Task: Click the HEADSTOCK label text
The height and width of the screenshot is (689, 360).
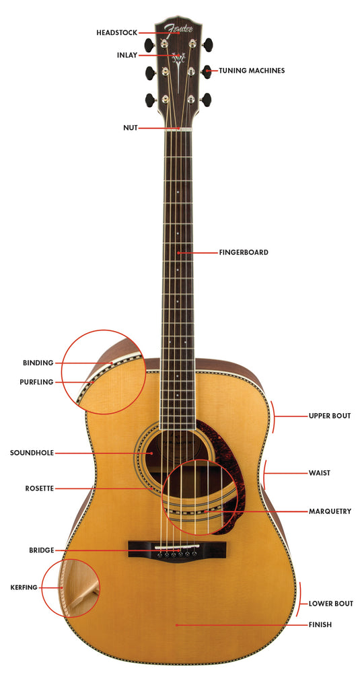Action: point(116,33)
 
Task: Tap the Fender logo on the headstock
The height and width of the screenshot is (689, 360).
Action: point(178,29)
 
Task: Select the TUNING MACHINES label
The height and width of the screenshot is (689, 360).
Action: point(252,70)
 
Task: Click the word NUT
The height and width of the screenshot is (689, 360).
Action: point(131,128)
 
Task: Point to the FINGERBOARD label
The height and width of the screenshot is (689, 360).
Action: point(244,253)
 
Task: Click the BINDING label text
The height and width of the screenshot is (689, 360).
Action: point(38,363)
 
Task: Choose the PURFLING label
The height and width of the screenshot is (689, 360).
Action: point(36,382)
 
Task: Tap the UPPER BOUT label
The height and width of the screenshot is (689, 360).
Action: point(329,416)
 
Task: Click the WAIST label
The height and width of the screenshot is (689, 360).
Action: point(319,473)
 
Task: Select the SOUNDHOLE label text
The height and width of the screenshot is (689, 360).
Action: point(32,453)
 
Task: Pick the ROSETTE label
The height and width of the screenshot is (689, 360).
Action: point(40,488)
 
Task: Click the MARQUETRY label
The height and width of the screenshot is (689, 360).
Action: point(330,511)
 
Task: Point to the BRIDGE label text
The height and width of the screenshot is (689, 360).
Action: point(42,550)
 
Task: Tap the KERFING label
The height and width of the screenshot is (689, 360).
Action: point(24,587)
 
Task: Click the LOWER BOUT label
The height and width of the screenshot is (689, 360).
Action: point(330,604)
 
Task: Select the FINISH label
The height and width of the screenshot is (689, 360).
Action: point(320,624)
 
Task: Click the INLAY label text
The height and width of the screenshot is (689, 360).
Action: point(127,55)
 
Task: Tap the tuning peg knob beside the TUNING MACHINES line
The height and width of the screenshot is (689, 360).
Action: point(207,71)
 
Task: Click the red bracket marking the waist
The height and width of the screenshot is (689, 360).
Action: point(264,474)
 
